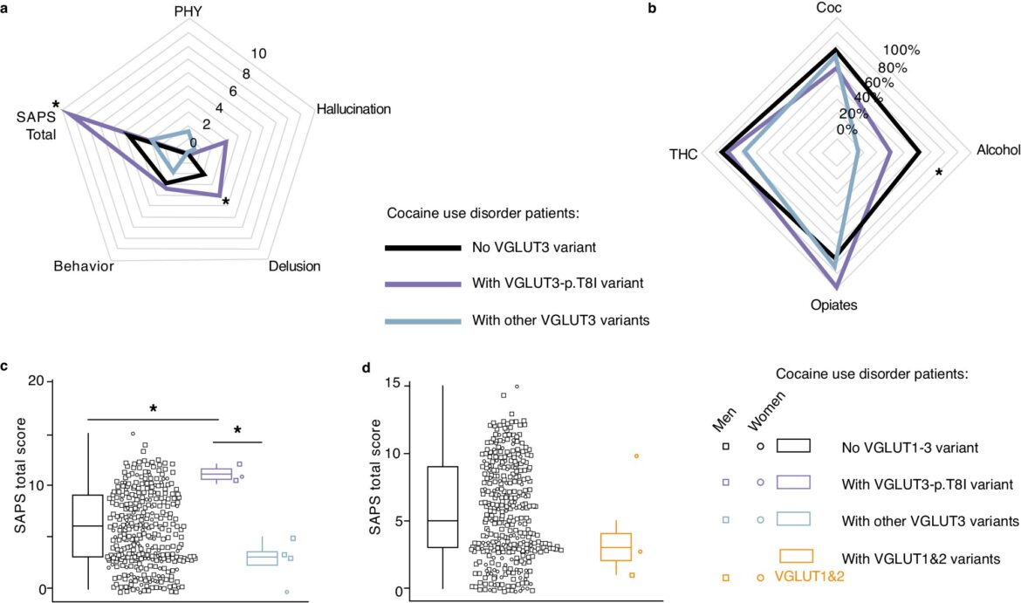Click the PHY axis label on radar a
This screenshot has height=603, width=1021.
point(188,12)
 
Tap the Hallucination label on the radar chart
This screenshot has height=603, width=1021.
point(353,109)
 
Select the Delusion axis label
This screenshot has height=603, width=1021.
point(294,265)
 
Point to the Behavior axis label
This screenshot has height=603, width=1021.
point(84,265)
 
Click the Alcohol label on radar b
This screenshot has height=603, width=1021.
point(998,150)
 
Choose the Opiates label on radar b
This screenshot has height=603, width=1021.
point(834,305)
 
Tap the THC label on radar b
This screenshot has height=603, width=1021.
point(683,154)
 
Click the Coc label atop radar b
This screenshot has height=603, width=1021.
point(829,8)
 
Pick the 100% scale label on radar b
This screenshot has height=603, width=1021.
point(901,50)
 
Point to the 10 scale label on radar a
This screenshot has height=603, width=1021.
point(258,53)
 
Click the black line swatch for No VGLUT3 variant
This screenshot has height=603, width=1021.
point(422,248)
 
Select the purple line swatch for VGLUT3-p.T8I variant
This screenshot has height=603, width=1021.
point(422,284)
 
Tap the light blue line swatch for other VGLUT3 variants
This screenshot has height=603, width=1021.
point(422,320)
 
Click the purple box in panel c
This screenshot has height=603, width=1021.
point(216,474)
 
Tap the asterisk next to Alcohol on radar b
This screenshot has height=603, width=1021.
point(938,173)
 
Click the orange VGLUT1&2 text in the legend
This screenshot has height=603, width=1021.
point(809,576)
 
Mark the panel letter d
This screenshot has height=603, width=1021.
point(366,368)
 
